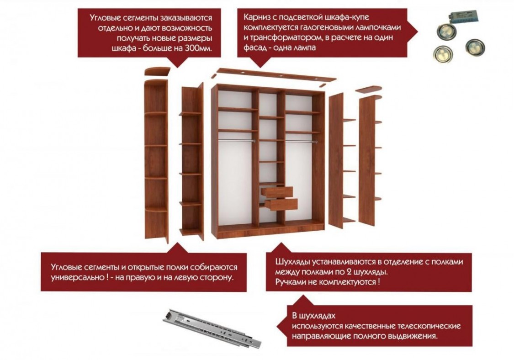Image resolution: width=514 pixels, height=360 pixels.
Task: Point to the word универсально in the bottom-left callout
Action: pos(78,277)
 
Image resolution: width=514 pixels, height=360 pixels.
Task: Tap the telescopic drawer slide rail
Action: pos(212,328)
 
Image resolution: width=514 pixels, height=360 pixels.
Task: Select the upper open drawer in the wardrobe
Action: pos(277,192)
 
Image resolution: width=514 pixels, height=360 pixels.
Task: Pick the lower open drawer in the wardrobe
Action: pos(281,204)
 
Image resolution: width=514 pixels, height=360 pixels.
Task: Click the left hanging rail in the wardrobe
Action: pos(236,140)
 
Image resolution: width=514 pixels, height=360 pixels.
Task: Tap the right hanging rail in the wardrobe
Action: pos(301,142)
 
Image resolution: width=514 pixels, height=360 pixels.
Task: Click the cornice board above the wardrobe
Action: pos(276,75)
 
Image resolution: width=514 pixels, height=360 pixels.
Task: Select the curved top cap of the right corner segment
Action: pos(369,89)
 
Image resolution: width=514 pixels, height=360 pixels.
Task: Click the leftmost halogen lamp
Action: pos(442,53)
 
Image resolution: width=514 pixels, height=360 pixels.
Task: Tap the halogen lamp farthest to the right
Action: pos(475,47)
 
